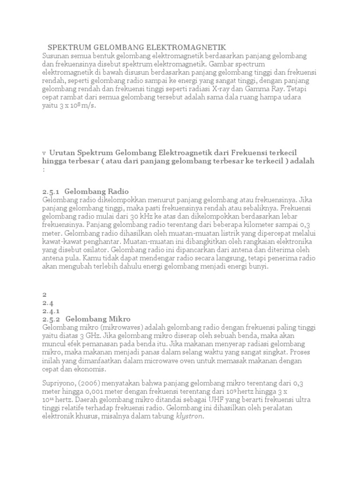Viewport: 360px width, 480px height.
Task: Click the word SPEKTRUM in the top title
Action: pyautogui.click(x=67, y=47)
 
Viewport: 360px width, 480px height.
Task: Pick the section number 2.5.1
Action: pyautogui.click(x=52, y=191)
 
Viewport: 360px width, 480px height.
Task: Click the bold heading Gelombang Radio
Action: pyautogui.click(x=93, y=191)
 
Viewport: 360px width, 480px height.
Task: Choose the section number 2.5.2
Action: pyautogui.click(x=52, y=319)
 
